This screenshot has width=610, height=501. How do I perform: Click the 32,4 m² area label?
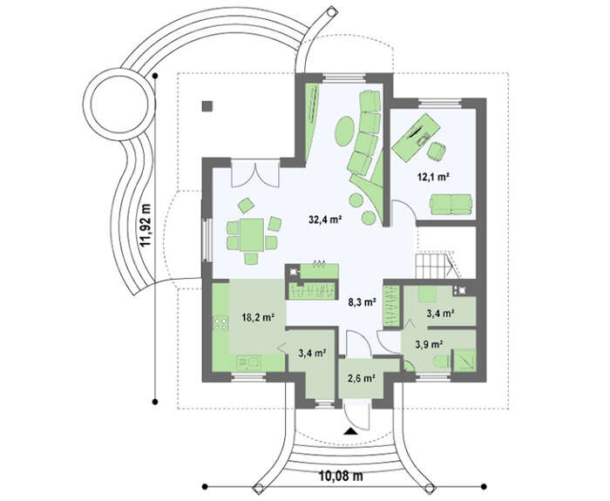[325, 220]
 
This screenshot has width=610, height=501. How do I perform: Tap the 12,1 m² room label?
[434, 178]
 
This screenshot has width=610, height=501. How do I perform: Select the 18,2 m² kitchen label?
[258, 317]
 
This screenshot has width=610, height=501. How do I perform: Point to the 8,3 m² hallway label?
[362, 302]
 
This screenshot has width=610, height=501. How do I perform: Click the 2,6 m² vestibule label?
[361, 377]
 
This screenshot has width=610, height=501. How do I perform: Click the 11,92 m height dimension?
[146, 226]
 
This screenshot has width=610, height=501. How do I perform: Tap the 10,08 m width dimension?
[341, 476]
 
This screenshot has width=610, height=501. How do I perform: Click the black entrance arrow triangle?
[350, 430]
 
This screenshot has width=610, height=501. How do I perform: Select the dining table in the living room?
[252, 235]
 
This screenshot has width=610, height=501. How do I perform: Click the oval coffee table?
[344, 132]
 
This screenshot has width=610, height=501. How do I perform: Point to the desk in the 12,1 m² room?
[416, 138]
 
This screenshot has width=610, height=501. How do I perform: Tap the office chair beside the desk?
[437, 151]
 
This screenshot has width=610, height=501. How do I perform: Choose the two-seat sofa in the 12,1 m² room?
[451, 204]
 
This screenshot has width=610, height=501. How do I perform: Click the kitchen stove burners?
[221, 323]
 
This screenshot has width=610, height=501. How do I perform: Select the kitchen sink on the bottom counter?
[249, 363]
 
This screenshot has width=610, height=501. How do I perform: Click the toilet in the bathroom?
[442, 362]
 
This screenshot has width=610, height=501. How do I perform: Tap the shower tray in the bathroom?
[464, 360]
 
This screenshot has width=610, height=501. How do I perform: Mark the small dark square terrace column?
[207, 106]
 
